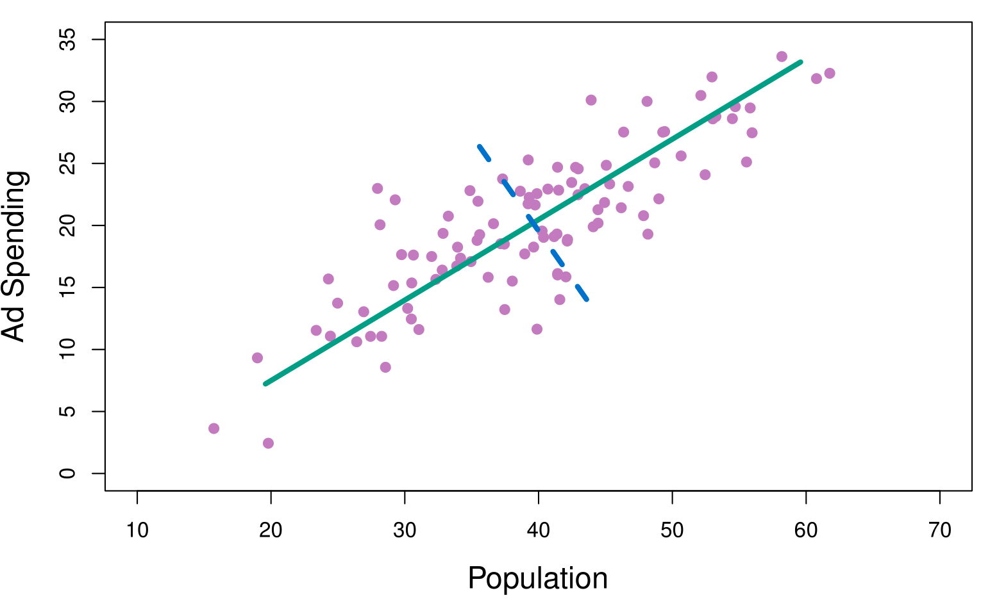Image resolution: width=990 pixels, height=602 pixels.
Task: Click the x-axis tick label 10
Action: pos(137,530)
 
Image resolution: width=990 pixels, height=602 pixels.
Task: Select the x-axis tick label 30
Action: pos(405,530)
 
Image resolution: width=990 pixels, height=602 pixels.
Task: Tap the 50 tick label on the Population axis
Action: pos(672,530)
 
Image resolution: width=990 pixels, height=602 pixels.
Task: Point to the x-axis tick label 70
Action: pos(939,530)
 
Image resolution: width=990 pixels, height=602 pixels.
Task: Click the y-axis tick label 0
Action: pos(67,473)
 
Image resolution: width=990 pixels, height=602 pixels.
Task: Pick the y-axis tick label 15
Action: pos(67,288)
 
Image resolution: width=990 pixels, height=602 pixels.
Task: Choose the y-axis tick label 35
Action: pos(67,40)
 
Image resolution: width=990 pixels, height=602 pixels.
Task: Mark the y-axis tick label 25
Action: pos(67,163)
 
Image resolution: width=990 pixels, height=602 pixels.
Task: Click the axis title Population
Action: pos(537,579)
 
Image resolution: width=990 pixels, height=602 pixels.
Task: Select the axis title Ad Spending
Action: pos(14,256)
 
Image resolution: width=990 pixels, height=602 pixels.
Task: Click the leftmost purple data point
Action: pos(214,428)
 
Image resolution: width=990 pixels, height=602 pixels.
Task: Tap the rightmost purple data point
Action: pos(829,73)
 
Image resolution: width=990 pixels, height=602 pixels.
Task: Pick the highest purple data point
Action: pos(782,56)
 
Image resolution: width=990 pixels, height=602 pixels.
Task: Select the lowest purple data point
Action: pos(268,443)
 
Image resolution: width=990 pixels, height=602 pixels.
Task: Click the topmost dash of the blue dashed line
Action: pos(484,153)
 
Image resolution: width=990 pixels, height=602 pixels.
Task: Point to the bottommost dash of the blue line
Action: pos(582,293)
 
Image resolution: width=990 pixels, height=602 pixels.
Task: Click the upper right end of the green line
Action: pos(800,62)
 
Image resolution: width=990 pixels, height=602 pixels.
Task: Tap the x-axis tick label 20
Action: pos(271,530)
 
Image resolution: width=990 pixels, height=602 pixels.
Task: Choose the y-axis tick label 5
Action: pos(67,411)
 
